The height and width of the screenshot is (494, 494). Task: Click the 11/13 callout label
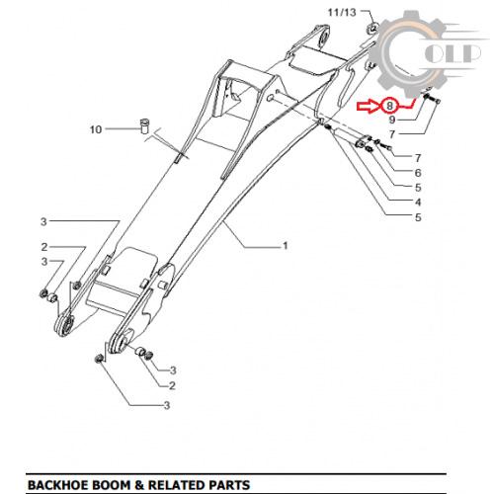click(342, 13)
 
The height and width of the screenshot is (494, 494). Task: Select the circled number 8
click(389, 106)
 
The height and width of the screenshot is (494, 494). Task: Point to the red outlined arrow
click(369, 106)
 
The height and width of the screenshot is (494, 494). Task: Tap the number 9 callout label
click(391, 120)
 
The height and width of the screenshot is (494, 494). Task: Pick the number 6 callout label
click(418, 173)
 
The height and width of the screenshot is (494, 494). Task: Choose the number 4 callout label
click(418, 202)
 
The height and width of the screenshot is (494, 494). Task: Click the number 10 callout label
click(96, 129)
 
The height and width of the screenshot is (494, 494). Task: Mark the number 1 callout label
click(286, 246)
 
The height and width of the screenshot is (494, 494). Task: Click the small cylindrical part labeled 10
click(144, 125)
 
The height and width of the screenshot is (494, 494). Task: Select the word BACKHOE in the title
click(58, 485)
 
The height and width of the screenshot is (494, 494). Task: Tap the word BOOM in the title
click(111, 485)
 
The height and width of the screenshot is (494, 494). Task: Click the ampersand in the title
click(139, 485)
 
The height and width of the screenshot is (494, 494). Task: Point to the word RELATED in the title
click(175, 485)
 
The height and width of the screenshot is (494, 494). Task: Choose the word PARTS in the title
click(228, 485)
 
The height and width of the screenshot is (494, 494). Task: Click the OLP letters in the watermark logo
click(453, 52)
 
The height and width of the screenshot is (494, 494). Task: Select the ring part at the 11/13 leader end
click(372, 28)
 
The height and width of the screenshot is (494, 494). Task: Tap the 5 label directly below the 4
click(418, 217)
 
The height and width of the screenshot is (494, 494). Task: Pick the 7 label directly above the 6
click(418, 158)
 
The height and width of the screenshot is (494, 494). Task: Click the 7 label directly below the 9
click(391, 134)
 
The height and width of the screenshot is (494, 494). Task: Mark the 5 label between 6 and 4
click(418, 188)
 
